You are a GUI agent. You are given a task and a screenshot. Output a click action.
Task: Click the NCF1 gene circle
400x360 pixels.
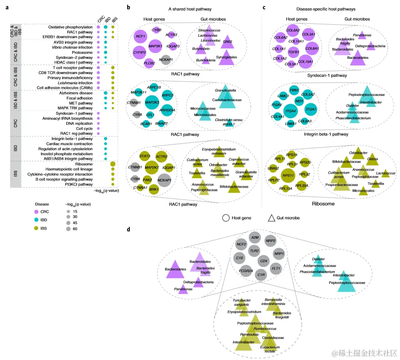(139, 37)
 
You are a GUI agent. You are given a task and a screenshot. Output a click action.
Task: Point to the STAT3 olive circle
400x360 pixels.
(144, 156)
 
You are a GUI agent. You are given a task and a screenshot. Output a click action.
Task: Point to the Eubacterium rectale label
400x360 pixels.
(270, 349)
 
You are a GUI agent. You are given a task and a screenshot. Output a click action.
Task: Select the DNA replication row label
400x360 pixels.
(77, 123)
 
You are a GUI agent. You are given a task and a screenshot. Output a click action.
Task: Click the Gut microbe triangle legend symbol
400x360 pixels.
(272, 218)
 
